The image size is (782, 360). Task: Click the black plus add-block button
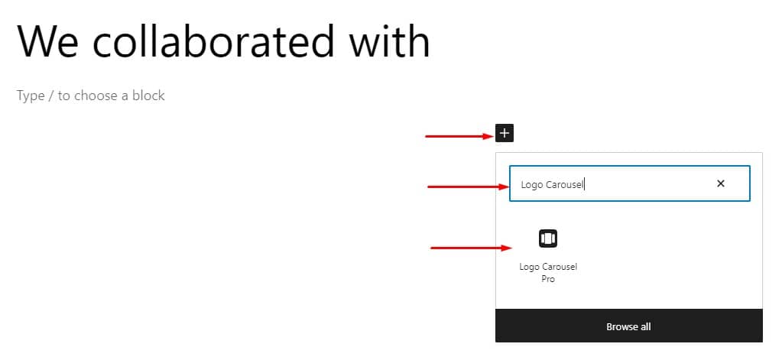point(505,133)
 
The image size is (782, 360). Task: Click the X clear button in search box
point(720,183)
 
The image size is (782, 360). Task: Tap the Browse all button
point(628,326)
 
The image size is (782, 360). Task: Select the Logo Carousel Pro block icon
point(547,238)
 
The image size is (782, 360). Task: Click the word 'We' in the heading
point(48,41)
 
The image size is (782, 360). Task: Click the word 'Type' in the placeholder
point(31,96)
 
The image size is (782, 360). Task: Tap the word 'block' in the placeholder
point(148,96)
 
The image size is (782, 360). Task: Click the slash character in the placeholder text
point(51,96)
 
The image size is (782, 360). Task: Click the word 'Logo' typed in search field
point(531,185)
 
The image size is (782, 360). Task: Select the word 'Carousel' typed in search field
point(564,184)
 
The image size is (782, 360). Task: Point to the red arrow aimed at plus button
point(459,136)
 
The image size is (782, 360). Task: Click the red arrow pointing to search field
point(468,187)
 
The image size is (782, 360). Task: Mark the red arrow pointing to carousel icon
point(472,248)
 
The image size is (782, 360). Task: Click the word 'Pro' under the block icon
point(548,279)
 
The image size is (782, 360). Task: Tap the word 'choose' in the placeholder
point(96,96)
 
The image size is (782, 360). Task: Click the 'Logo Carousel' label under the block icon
point(548,267)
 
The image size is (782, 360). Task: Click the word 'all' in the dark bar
point(645,327)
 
